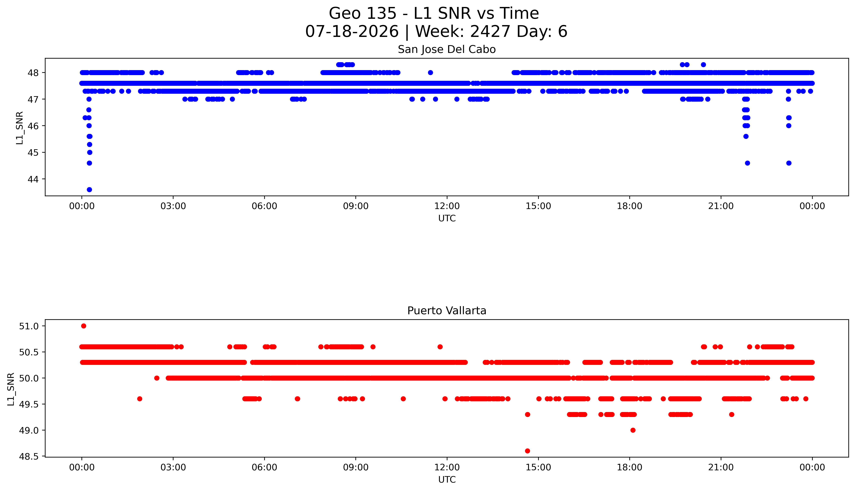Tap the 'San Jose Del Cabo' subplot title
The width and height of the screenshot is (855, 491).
point(447,50)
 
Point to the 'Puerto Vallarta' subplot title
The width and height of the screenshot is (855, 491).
point(447,311)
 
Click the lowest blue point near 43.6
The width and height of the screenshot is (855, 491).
point(89,190)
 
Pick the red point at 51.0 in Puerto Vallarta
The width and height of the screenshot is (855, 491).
point(84,326)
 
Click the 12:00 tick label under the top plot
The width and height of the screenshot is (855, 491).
point(447,206)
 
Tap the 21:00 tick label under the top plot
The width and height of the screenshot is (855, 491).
point(721,206)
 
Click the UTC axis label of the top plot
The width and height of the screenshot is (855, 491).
point(447,219)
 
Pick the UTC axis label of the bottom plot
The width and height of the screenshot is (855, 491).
point(447,480)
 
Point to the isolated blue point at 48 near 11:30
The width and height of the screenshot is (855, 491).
point(430,73)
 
